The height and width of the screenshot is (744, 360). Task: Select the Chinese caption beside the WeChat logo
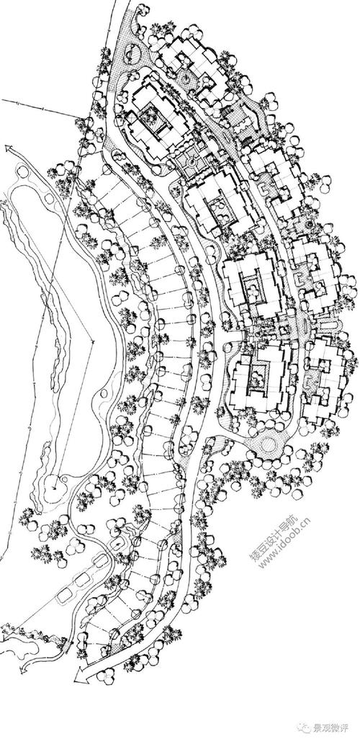point(330,727)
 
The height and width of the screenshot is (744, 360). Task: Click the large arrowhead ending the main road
point(80,674)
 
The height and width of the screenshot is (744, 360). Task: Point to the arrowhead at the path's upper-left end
point(9,148)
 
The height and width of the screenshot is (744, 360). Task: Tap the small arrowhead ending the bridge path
point(22,670)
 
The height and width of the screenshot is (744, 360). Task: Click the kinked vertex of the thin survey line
point(93,341)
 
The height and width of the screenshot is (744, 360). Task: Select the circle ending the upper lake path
point(21,171)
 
